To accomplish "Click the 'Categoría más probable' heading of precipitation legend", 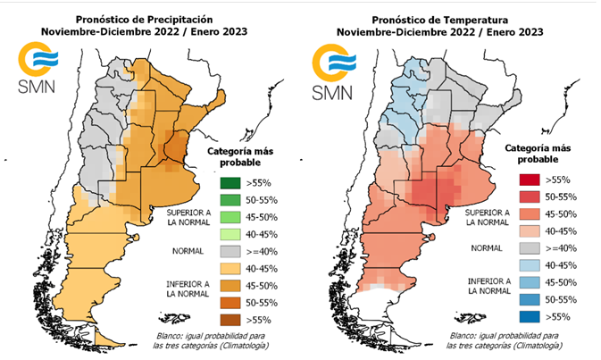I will coord(238,157).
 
